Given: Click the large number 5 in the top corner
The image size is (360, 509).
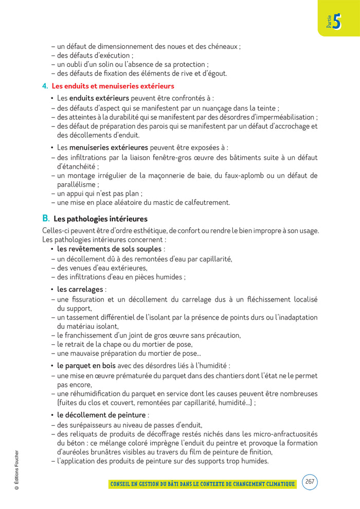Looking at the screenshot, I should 337,23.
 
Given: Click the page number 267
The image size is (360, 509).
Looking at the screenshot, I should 310,482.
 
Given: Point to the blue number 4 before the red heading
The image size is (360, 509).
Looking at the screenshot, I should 45,86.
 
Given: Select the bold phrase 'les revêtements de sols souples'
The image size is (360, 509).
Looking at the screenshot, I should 109,249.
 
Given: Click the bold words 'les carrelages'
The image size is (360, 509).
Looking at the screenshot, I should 80,289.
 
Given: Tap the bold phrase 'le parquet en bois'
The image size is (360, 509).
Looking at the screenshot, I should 86,366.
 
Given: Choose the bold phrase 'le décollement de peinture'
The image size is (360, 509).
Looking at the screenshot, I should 101,415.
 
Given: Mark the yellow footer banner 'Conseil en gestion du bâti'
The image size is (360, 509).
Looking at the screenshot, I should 203,484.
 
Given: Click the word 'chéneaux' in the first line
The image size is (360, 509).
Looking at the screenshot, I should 221,46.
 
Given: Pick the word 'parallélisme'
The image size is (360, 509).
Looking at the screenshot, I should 78,184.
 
